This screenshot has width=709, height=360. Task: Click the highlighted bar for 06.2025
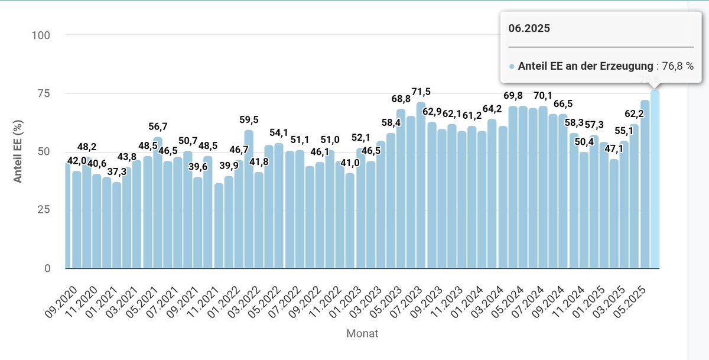(655, 180)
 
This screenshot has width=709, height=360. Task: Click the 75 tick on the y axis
(43, 93)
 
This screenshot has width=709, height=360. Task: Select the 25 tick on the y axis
(43, 210)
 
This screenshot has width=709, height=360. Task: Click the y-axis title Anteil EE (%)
(18, 152)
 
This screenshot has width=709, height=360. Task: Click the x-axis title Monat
(362, 333)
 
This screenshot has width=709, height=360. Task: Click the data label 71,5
(421, 92)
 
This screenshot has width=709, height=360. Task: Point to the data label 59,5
(249, 121)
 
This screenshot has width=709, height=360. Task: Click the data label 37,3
(116, 172)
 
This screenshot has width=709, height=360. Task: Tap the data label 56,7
(158, 127)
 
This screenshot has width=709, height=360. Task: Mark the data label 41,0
(350, 163)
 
